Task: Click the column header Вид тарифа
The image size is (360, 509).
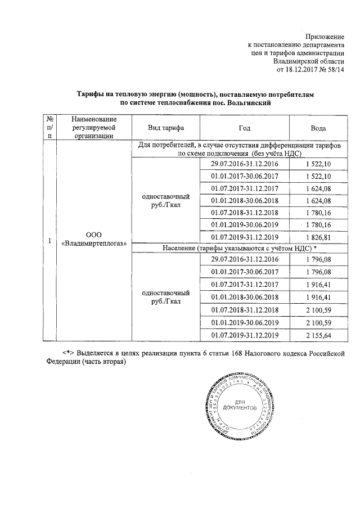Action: [x=166, y=128]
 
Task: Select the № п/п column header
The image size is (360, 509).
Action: [x=50, y=127]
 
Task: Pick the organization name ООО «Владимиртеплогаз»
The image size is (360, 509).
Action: [x=94, y=239]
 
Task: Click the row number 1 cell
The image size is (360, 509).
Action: [x=50, y=241]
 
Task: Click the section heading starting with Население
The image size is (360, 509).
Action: [x=238, y=248]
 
